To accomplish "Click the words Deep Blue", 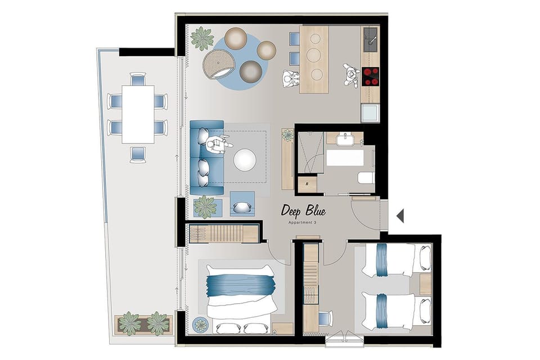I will point(304,211).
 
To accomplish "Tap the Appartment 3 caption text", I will point(303,223).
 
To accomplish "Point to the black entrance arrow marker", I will point(400,215).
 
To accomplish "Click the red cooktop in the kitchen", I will point(370,76).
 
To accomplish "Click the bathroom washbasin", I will point(344,138).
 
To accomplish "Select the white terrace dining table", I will point(138,114).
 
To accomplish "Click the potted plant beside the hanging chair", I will point(201,39).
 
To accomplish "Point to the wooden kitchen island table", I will point(314,59).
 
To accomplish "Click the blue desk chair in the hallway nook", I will point(325,318).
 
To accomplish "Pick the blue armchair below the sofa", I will point(242,204).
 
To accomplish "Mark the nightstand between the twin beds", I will point(425,285).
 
